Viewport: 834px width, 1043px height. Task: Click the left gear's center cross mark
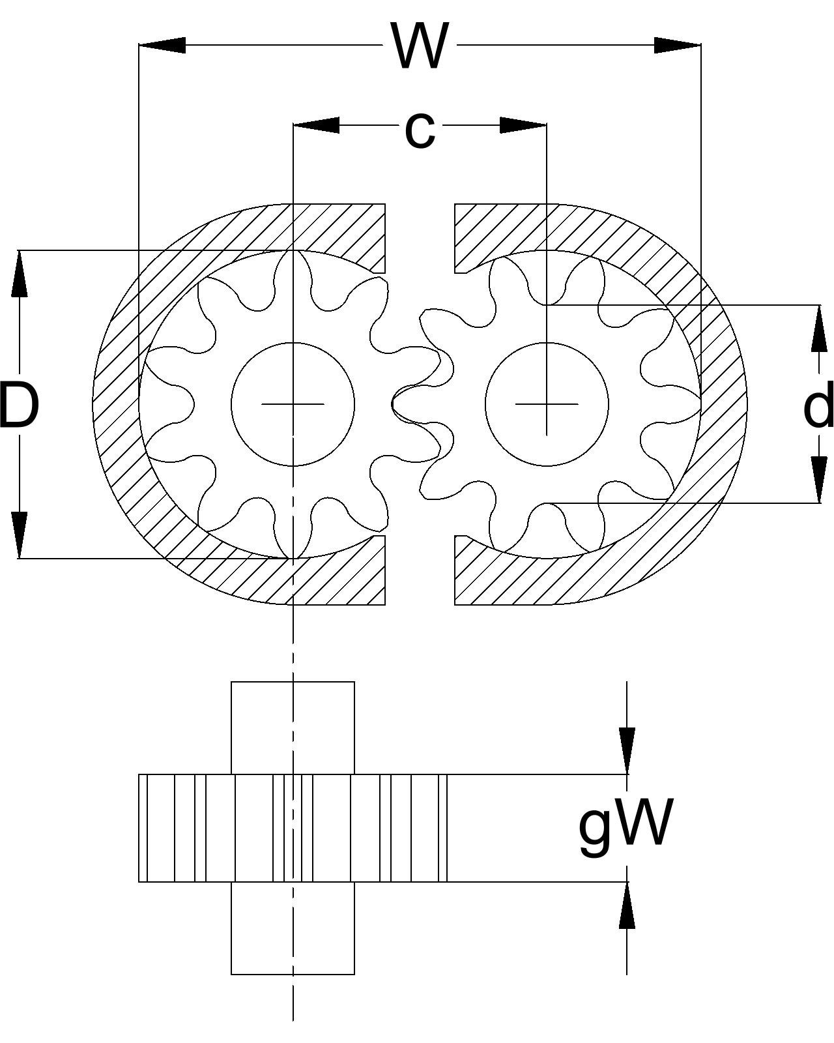[x=293, y=404]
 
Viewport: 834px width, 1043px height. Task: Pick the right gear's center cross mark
[x=547, y=404]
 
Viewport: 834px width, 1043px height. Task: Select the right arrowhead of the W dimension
[x=678, y=45]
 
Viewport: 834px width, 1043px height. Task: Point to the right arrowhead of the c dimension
[x=523, y=125]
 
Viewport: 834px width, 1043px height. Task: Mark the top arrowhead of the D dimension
[x=20, y=274]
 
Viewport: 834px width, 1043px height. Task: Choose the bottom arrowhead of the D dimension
[x=20, y=535]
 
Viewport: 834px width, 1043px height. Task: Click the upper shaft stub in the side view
[x=293, y=727]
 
